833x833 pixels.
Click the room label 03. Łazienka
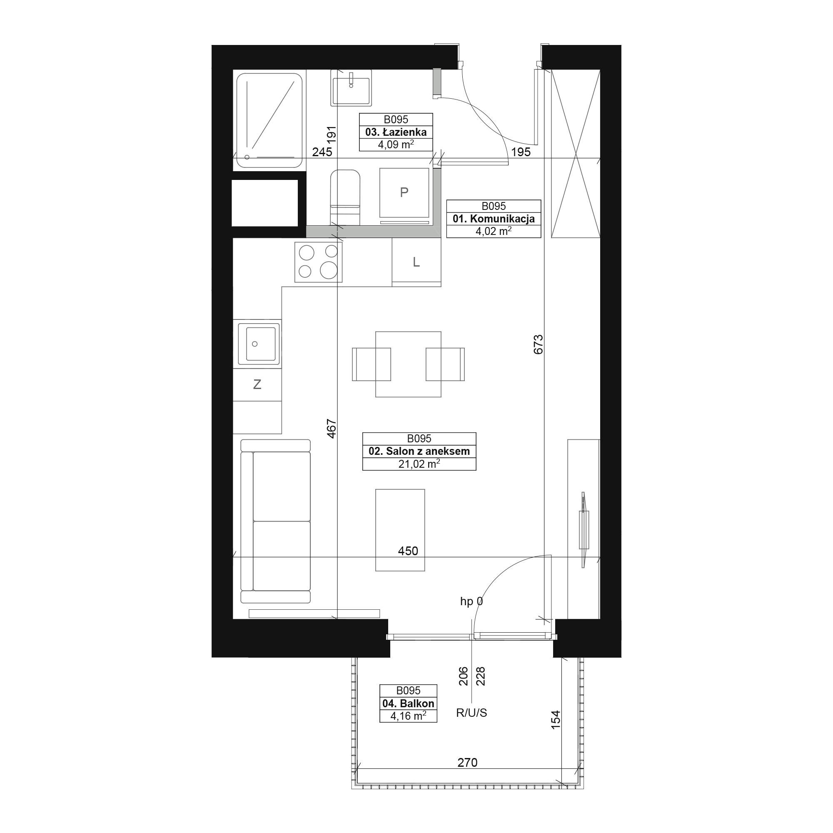[x=396, y=132]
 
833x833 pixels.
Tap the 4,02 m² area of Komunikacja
[x=493, y=231]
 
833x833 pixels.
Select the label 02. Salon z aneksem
[x=419, y=451]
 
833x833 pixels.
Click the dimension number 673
[x=538, y=344]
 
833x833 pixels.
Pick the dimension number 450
[x=408, y=551]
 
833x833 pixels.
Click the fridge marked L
[x=416, y=262]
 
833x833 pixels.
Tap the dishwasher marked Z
[x=257, y=384]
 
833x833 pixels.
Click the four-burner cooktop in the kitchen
[x=319, y=262]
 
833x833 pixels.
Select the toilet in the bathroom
[x=345, y=197]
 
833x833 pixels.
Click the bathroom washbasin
[x=352, y=87]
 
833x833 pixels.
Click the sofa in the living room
[x=275, y=521]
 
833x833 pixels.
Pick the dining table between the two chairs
[x=408, y=364]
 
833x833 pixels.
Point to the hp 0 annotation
[x=471, y=601]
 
